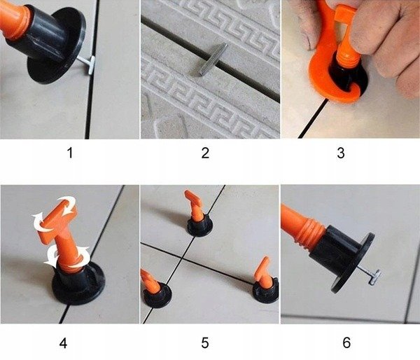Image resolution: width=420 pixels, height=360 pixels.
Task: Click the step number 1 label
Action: [x=69, y=153]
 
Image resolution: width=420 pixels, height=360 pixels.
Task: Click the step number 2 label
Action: [x=205, y=153]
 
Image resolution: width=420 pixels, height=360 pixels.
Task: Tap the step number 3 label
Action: [x=341, y=153]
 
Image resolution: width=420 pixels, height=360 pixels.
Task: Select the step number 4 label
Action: [x=64, y=342]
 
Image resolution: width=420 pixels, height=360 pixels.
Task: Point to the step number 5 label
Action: [x=205, y=342]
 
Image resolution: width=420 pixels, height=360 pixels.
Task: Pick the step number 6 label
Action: [x=346, y=342]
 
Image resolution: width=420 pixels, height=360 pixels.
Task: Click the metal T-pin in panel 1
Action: [x=88, y=64]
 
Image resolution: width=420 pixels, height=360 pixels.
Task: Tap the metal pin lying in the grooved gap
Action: [x=211, y=60]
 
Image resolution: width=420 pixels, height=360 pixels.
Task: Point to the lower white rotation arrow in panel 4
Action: [x=67, y=256]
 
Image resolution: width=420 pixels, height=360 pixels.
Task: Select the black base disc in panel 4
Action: [x=78, y=284]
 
